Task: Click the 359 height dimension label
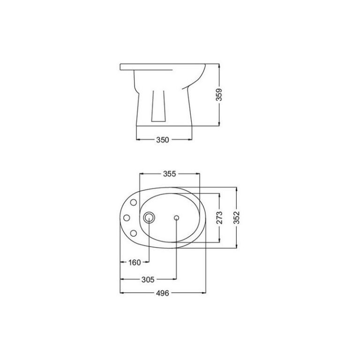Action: (219, 94)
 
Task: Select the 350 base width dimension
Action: (163, 140)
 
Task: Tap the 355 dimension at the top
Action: (169, 174)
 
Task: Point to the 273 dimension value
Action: (219, 217)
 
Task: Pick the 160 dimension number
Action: (135, 262)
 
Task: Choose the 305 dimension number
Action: (148, 279)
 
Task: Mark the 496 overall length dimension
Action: (163, 293)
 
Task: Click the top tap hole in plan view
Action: (134, 202)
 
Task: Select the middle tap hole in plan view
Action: (127, 217)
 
